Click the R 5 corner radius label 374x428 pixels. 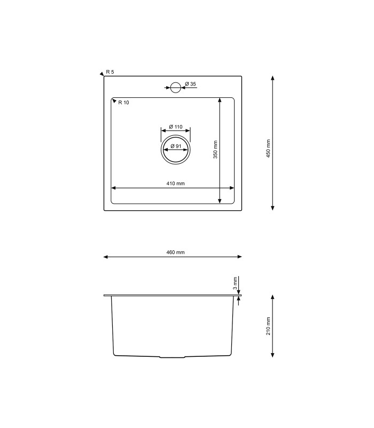110,72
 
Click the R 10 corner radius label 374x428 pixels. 123,103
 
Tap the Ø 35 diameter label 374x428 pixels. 191,85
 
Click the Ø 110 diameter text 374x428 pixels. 176,127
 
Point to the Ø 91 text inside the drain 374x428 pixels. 176,147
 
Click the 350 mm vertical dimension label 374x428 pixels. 215,149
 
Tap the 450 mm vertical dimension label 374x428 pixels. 269,148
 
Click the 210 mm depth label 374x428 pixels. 269,326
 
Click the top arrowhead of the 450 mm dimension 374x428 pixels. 273,78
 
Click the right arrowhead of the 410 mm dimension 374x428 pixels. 232,188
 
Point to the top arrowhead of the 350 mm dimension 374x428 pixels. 220,100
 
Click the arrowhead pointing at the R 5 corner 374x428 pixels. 102,74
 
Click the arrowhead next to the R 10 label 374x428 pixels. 114,100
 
